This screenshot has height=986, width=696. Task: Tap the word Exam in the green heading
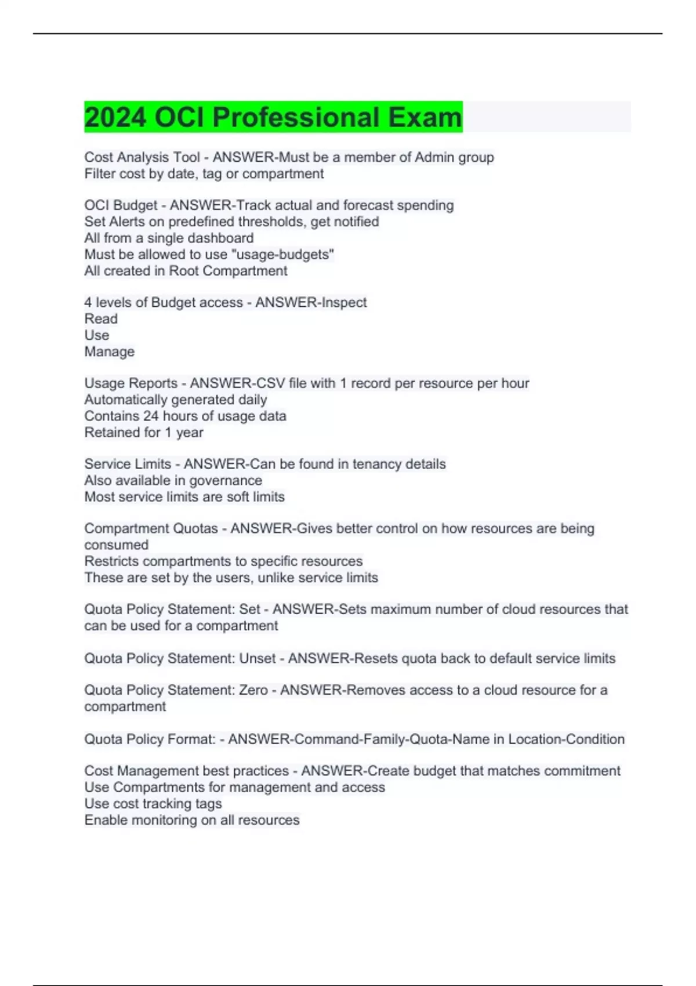click(425, 117)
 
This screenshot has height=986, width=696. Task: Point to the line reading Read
click(101, 319)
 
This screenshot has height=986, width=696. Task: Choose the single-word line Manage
click(109, 351)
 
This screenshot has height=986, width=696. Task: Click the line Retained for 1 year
click(144, 432)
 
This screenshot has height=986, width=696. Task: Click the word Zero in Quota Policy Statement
click(253, 690)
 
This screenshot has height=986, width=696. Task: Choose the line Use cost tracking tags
click(153, 803)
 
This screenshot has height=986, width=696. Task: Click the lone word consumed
click(116, 545)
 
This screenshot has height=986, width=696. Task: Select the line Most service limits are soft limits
click(184, 496)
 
